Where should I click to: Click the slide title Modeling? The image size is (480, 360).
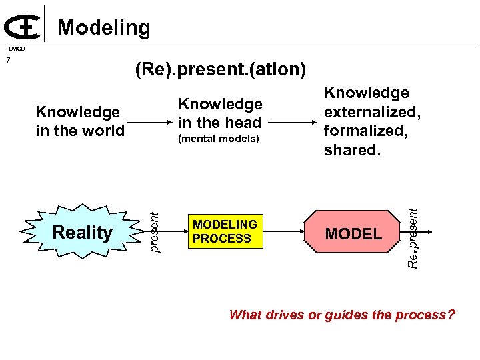click(x=104, y=27)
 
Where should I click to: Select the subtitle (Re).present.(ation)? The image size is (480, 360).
click(x=220, y=69)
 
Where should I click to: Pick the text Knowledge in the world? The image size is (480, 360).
click(x=79, y=121)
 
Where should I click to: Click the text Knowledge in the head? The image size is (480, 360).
click(x=220, y=113)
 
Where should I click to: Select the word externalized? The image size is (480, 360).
click(x=372, y=113)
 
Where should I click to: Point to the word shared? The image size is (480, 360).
click(x=353, y=150)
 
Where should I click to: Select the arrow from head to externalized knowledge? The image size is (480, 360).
click(x=293, y=122)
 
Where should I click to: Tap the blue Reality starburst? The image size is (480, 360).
click(x=83, y=233)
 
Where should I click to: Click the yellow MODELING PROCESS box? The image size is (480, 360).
click(x=224, y=232)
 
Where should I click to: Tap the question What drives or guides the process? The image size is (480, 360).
click(x=342, y=315)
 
